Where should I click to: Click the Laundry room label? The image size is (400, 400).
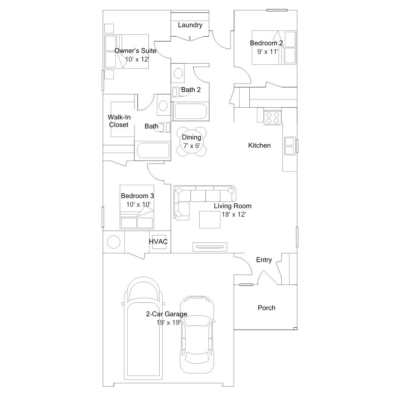click(190, 25)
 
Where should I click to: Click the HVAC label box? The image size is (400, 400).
click(158, 242)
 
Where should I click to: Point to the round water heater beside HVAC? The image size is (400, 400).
click(114, 241)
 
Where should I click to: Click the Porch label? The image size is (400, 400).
click(266, 308)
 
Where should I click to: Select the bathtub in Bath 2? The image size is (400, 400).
click(190, 112)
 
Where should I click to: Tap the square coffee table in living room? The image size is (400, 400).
click(210, 220)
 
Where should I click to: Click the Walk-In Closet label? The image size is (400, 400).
click(119, 121)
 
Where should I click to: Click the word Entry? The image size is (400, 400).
click(264, 260)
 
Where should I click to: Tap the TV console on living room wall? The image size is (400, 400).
click(210, 247)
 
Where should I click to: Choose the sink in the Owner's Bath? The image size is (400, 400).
click(163, 105)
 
